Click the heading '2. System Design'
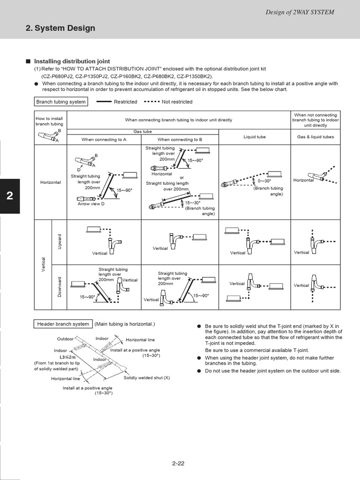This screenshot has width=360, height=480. (60, 28)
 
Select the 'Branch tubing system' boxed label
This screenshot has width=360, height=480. (61, 102)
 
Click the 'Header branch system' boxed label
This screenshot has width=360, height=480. (63, 324)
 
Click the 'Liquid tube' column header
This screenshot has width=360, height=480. (255, 137)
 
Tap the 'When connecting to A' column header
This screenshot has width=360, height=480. (104, 140)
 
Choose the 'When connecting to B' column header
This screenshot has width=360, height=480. (180, 140)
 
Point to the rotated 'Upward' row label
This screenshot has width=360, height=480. (60, 241)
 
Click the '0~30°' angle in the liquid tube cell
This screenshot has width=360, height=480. (264, 180)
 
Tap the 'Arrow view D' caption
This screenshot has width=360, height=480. (91, 204)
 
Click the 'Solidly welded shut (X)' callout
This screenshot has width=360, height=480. (146, 378)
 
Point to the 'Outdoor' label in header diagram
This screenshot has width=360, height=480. (66, 338)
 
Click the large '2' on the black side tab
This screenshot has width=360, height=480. (10, 196)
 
